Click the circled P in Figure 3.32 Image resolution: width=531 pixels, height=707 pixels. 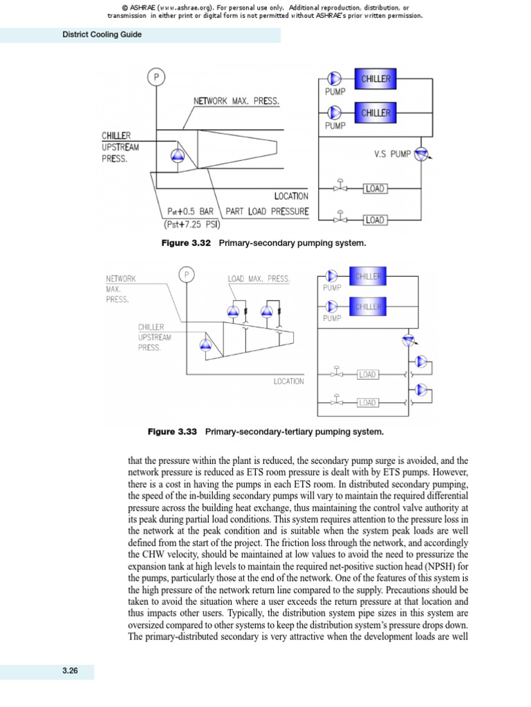[x=156, y=77]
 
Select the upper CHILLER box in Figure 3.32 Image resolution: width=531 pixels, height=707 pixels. [x=375, y=79]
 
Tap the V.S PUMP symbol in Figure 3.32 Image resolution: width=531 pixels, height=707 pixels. [x=420, y=155]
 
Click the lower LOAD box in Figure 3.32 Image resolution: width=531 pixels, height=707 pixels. [x=374, y=220]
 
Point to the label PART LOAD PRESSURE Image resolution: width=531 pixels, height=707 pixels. [x=267, y=211]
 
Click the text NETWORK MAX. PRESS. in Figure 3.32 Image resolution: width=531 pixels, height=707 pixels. [x=236, y=101]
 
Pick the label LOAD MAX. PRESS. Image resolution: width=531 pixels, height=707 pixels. [x=259, y=279]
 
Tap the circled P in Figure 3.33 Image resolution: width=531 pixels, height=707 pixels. [x=186, y=275]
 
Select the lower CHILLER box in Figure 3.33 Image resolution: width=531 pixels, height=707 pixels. [x=369, y=307]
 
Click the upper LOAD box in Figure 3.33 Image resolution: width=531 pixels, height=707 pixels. [x=367, y=374]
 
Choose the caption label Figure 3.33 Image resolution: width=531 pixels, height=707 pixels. [x=173, y=432]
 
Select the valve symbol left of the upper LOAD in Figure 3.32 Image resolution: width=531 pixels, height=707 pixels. [x=340, y=187]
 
